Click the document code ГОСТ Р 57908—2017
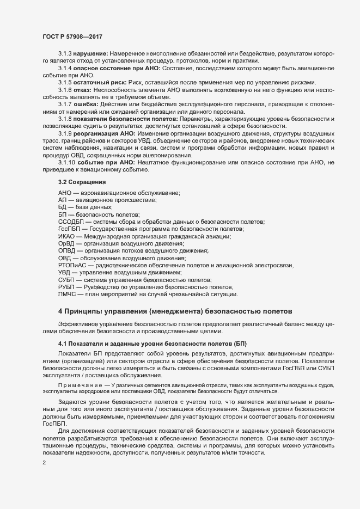click(x=72, y=36)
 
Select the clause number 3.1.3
click(x=65, y=54)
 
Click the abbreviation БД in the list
click(x=63, y=207)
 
